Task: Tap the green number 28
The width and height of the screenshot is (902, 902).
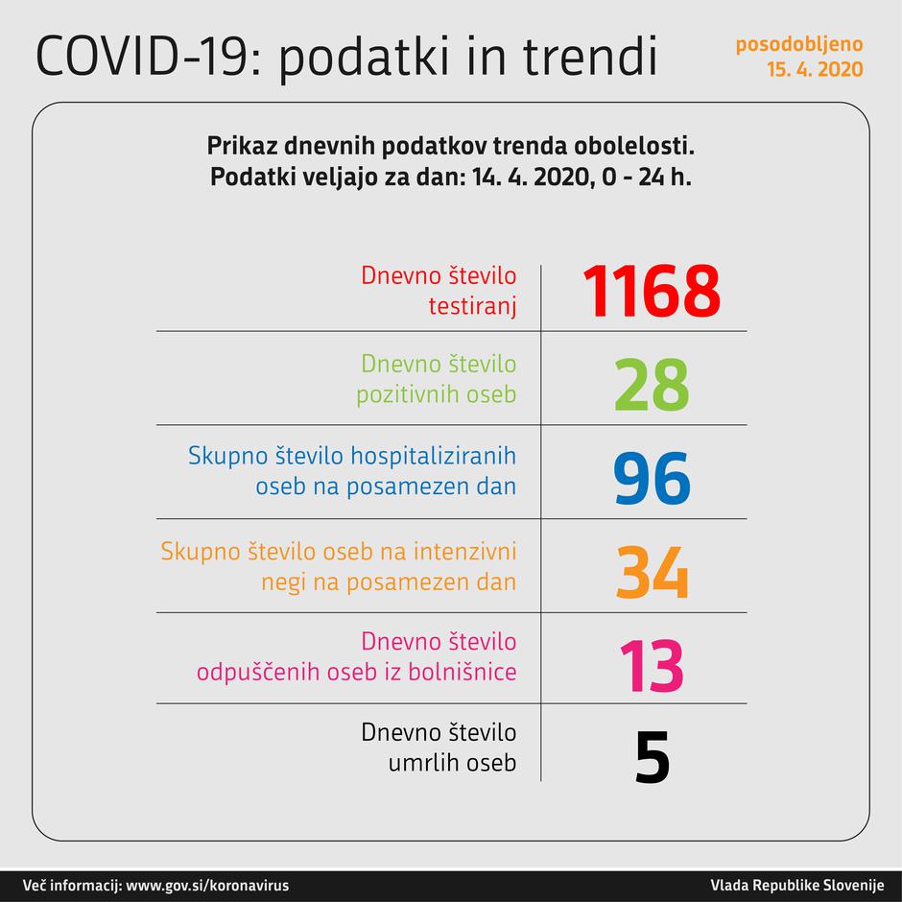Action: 652,384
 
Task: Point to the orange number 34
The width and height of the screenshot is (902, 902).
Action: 652,572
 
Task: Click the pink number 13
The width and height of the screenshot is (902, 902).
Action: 652,665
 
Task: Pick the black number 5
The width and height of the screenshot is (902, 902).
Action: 652,759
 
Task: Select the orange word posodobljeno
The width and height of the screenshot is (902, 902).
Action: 799,44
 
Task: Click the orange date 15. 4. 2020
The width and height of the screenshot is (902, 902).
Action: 814,69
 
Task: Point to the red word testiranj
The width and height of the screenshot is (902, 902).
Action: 471,307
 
